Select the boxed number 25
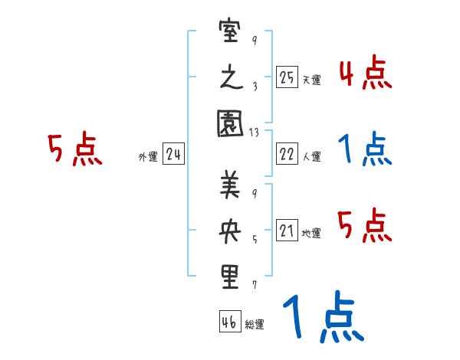pos(287,77)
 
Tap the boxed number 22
pos(287,154)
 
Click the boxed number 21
pos(287,231)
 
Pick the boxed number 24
pos(173,155)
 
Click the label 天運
pos(311,80)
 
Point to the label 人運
pos(311,156)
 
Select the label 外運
pos(148,157)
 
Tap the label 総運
pos(255,324)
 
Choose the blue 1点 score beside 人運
pos(365,149)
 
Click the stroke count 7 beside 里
pos(254,285)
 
